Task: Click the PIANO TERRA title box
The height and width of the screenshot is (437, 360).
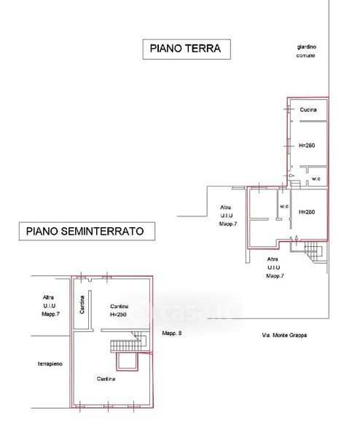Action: [x=187, y=49]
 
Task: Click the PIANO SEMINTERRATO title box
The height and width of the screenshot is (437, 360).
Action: [x=87, y=231]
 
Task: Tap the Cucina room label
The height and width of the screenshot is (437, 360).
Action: [x=308, y=110]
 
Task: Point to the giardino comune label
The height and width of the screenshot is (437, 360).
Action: [x=306, y=51]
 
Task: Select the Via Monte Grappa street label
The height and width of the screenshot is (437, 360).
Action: [x=284, y=335]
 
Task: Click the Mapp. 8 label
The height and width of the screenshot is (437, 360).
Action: [x=172, y=333]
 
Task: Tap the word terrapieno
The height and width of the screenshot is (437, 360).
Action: [x=50, y=364]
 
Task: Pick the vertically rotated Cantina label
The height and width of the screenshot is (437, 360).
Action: [x=82, y=304]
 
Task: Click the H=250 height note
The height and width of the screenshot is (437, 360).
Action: [x=118, y=315]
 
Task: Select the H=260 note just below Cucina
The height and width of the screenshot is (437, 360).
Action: [x=307, y=146]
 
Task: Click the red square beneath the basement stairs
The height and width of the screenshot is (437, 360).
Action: [x=127, y=361]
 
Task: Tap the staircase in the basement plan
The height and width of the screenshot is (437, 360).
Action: [x=129, y=342]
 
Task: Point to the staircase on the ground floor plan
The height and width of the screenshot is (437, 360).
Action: [x=313, y=251]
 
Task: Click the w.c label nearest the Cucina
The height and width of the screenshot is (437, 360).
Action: [x=316, y=178]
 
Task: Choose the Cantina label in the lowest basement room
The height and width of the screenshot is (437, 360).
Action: [x=106, y=379]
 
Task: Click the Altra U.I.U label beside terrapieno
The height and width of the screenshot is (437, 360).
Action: [x=50, y=306]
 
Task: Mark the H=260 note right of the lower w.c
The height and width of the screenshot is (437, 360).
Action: [x=307, y=212]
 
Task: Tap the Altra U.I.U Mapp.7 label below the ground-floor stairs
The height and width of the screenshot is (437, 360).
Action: [x=275, y=267]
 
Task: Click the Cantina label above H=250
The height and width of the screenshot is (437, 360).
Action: [x=119, y=307]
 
